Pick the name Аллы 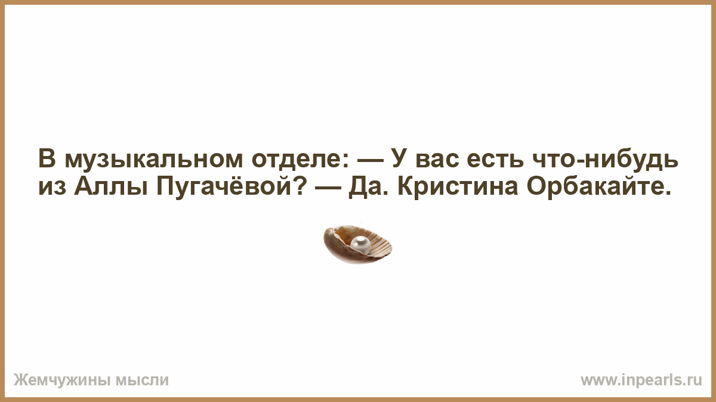pos(110,187)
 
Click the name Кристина pos(458,186)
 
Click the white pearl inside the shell pos(361,245)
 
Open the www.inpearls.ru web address pos(641,381)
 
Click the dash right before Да pos(328,188)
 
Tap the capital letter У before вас pos(401,158)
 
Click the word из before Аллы pos(52,188)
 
